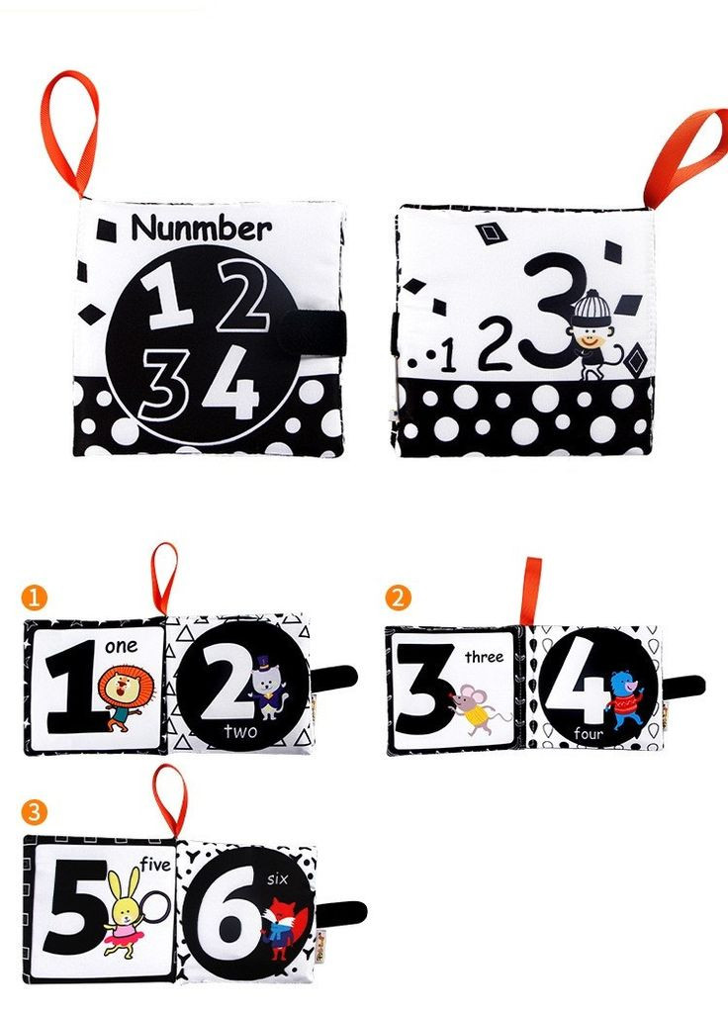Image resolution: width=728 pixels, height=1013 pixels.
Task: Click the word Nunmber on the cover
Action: coord(201,229)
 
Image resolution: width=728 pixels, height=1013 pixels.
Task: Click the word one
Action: coord(121,645)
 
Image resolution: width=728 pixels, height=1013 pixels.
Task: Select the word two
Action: coord(240,731)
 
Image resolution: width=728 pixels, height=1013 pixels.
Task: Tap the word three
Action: coord(484,657)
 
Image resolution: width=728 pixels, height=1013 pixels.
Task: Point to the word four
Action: coord(588,733)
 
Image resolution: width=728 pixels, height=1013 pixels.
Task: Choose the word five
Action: coord(155,865)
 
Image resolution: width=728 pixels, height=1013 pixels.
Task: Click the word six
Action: coord(277,878)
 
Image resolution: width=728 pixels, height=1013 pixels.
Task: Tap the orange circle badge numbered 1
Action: coord(34,597)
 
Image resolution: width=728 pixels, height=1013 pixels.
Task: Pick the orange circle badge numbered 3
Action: coord(34,811)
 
